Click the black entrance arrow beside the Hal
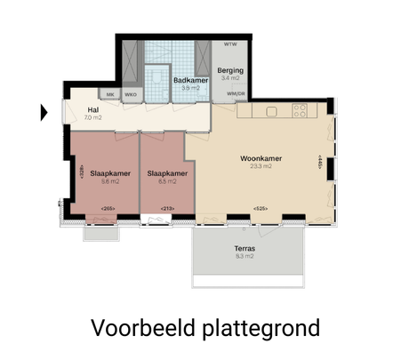pyautogui.click(x=44, y=112)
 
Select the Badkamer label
pyautogui.click(x=189, y=80)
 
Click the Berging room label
pyautogui.click(x=230, y=70)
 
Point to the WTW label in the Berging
pyautogui.click(x=230, y=44)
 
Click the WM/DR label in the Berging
pyautogui.click(x=236, y=93)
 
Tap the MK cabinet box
pyautogui.click(x=110, y=94)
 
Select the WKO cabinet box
pyautogui.click(x=131, y=94)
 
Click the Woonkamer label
pyautogui.click(x=261, y=158)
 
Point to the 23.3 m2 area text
pyautogui.click(x=261, y=166)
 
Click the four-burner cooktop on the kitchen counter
pyautogui.click(x=300, y=111)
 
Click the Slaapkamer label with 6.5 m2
pyautogui.click(x=167, y=173)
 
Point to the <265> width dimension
pyautogui.click(x=108, y=209)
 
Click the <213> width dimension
pyautogui.click(x=166, y=209)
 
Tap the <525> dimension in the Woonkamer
pyautogui.click(x=260, y=209)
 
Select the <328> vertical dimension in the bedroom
pyautogui.click(x=82, y=173)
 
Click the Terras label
pyautogui.click(x=245, y=249)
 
